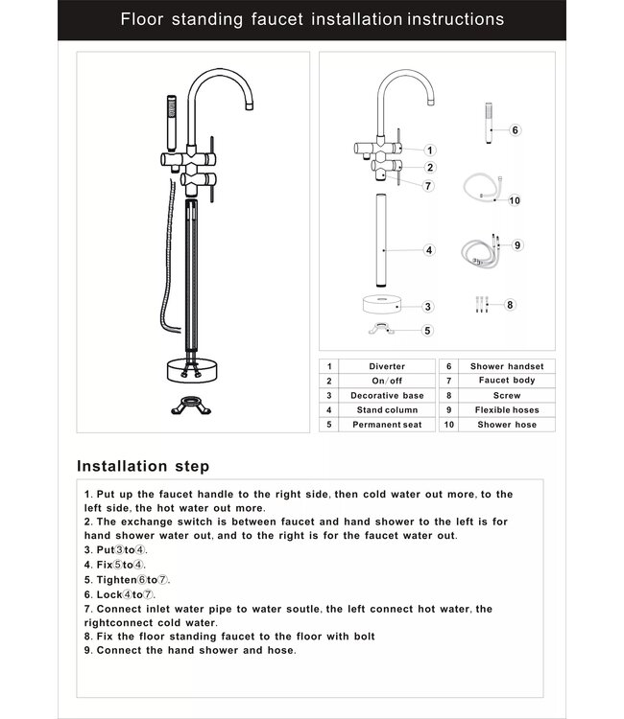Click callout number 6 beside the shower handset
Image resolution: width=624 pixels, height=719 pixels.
[515, 129]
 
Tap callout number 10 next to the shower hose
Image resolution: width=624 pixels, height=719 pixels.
[515, 200]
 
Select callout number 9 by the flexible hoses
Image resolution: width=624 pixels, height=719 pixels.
[516, 245]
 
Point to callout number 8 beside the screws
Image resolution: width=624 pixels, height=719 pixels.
[511, 305]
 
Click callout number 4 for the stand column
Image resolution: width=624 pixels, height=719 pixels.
[429, 250]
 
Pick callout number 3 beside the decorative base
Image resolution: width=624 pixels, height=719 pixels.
[428, 307]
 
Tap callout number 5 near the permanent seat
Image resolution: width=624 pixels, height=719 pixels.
[428, 331]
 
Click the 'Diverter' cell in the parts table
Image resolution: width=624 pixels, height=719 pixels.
[387, 366]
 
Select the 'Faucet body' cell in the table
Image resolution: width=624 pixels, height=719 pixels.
[507, 381]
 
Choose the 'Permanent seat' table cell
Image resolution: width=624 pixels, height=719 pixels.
[387, 424]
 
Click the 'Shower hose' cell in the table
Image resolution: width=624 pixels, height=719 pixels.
[507, 424]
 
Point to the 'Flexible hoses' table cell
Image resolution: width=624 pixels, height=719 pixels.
[507, 409]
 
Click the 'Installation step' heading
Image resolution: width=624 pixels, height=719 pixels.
[143, 467]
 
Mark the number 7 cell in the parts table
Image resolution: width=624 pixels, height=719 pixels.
[449, 381]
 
